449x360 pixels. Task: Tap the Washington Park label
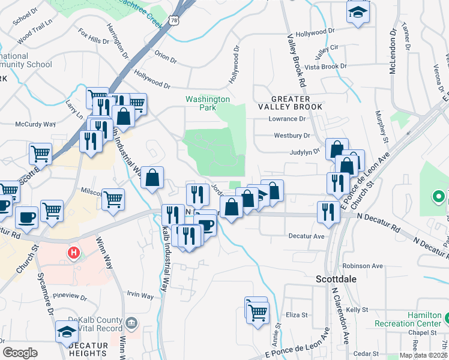(207, 103)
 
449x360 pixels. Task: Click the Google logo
(20, 353)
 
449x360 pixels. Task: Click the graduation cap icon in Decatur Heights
(67, 331)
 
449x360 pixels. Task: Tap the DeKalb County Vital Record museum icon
(132, 325)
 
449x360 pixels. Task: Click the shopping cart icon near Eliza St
(258, 312)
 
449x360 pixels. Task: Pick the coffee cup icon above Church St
(27, 217)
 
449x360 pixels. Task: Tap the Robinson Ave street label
(362, 266)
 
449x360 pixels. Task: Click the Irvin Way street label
(140, 295)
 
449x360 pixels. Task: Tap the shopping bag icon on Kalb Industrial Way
(152, 177)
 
